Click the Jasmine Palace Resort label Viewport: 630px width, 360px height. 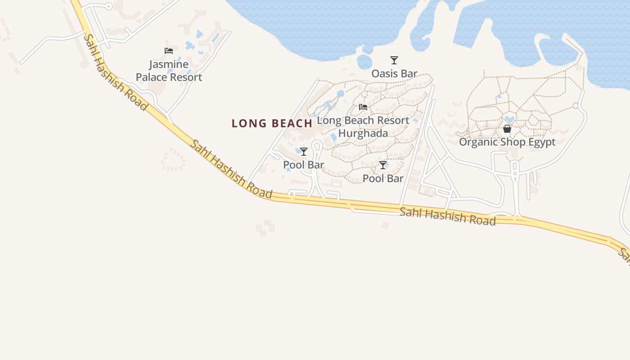pyautogui.click(x=169, y=71)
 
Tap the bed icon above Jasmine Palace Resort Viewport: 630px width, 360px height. pyautogui.click(x=169, y=51)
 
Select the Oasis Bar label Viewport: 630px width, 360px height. pyautogui.click(x=394, y=73)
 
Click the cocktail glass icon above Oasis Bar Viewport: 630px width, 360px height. pyautogui.click(x=394, y=60)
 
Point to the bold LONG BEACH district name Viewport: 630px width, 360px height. pyautogui.click(x=272, y=123)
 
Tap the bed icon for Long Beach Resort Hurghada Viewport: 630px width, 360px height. pyautogui.click(x=363, y=107)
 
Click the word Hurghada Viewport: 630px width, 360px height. pyautogui.click(x=363, y=134)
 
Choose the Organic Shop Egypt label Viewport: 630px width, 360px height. pyautogui.click(x=507, y=142)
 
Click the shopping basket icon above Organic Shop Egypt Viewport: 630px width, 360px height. pyautogui.click(x=507, y=129)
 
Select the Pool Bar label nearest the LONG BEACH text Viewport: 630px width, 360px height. pyautogui.click(x=304, y=165)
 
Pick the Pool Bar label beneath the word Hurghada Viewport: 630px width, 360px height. pyautogui.click(x=383, y=179)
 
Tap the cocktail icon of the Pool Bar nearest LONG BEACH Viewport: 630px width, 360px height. pyautogui.click(x=304, y=152)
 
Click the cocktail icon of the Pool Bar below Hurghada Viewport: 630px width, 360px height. pyautogui.click(x=383, y=165)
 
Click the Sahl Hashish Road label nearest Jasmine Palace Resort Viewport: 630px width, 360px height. pyautogui.click(x=115, y=72)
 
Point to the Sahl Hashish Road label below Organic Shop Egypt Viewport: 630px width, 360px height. pyautogui.click(x=448, y=216)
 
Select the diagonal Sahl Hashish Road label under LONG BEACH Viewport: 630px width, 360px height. pyautogui.click(x=231, y=169)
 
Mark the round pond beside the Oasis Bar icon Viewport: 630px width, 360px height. pyautogui.click(x=364, y=62)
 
